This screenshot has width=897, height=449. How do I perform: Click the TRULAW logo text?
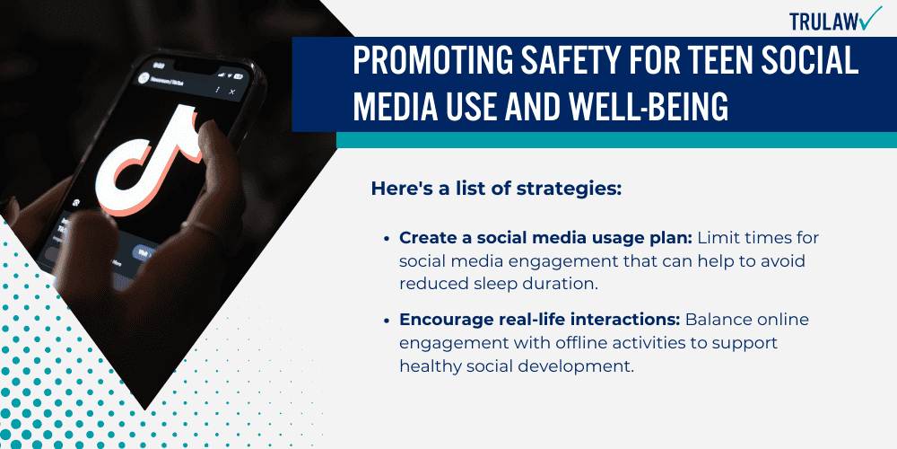tap(822, 21)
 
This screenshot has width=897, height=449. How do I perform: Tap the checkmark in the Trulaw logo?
tap(869, 19)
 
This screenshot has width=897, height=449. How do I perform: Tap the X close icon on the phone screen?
tap(232, 92)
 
